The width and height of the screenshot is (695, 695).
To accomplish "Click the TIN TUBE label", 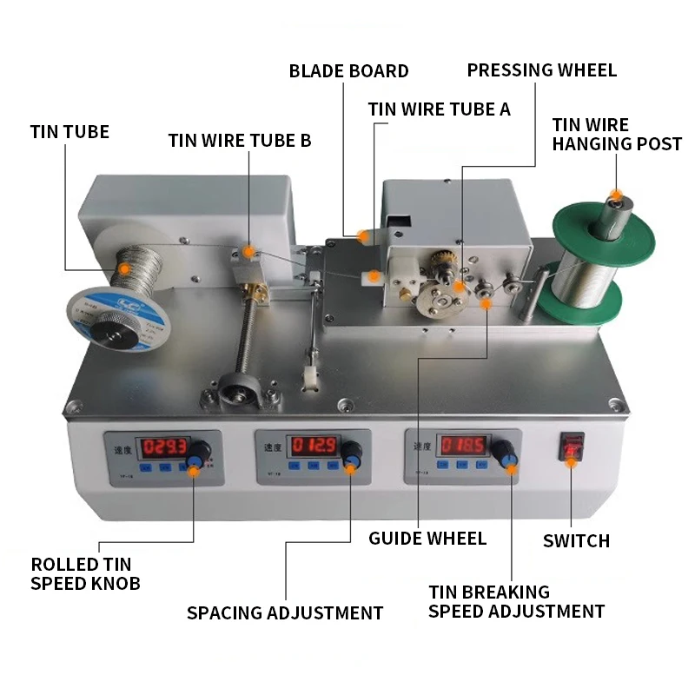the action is point(69,132).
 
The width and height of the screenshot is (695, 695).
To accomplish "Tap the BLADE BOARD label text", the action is point(348,70).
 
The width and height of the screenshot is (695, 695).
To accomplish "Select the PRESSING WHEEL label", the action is point(541,70).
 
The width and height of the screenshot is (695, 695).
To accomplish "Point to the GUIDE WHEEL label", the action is point(427,538).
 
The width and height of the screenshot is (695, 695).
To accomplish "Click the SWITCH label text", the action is point(576,540).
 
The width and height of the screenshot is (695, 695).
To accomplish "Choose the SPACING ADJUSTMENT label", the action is point(285,612).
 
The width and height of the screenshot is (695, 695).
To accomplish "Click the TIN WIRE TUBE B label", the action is point(239,140).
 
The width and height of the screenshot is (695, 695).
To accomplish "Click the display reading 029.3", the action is point(165,447).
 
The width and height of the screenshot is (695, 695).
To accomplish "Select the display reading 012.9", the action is point(314,447).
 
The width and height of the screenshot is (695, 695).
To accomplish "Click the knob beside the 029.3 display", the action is point(200,452).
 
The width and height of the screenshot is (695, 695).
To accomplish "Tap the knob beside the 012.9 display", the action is point(351,452).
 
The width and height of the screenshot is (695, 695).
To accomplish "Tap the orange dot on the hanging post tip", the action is point(616,196).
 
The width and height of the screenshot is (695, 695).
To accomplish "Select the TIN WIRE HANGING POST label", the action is point(616,134).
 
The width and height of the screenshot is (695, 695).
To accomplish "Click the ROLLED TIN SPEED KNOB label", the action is point(85,573).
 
